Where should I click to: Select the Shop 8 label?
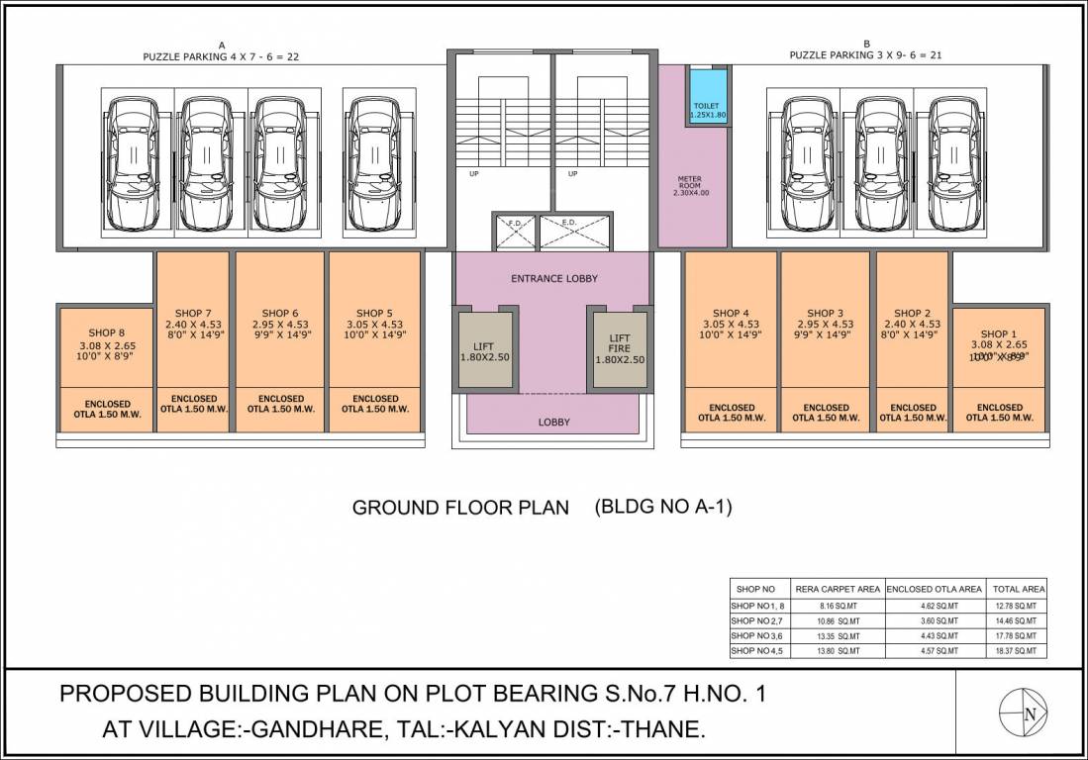(107, 332)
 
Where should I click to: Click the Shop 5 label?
(374, 314)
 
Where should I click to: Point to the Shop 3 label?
(825, 314)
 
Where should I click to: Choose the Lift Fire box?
(619, 348)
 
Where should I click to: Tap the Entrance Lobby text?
(553, 279)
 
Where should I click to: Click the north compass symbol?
(1023, 713)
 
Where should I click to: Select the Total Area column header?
(1020, 589)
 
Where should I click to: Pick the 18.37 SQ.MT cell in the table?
(1020, 651)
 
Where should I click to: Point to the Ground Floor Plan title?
(460, 508)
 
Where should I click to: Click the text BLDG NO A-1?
(662, 507)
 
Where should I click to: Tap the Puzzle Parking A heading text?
(221, 57)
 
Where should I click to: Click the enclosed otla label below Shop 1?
(999, 413)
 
